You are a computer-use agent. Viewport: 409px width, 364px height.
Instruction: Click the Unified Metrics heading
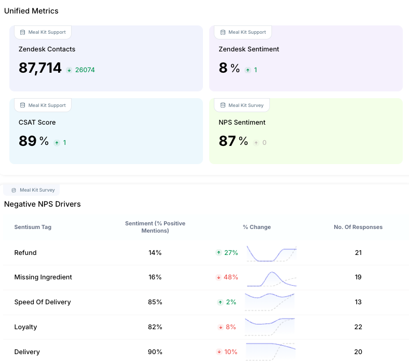pyautogui.click(x=31, y=11)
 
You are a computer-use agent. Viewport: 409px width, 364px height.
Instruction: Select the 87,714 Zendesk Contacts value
pyautogui.click(x=40, y=68)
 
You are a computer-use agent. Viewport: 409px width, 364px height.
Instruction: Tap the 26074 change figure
pyautogui.click(x=85, y=70)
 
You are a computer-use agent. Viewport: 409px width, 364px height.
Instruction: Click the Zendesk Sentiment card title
pyautogui.click(x=249, y=49)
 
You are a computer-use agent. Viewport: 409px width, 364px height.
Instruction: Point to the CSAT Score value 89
pyautogui.click(x=28, y=141)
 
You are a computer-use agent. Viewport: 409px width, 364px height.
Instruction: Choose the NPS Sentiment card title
pyautogui.click(x=242, y=123)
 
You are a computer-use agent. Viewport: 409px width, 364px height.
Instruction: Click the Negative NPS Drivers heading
pyautogui.click(x=42, y=204)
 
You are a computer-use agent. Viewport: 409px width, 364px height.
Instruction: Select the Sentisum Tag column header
pyautogui.click(x=33, y=227)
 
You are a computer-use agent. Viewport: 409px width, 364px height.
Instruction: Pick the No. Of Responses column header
pyautogui.click(x=358, y=227)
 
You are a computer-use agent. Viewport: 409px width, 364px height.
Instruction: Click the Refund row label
pyautogui.click(x=25, y=253)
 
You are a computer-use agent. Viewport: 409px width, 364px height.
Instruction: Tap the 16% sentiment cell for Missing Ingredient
pyautogui.click(x=155, y=277)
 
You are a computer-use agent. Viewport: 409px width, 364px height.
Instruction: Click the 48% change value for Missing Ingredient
pyautogui.click(x=230, y=277)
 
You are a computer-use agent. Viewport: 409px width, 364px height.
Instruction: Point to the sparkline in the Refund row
pyautogui.click(x=271, y=254)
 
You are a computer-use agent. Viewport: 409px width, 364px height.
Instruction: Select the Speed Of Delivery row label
pyautogui.click(x=43, y=302)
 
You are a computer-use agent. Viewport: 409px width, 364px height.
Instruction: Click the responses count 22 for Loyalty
pyautogui.click(x=358, y=327)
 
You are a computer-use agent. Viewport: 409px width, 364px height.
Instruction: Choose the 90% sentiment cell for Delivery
pyautogui.click(x=155, y=352)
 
